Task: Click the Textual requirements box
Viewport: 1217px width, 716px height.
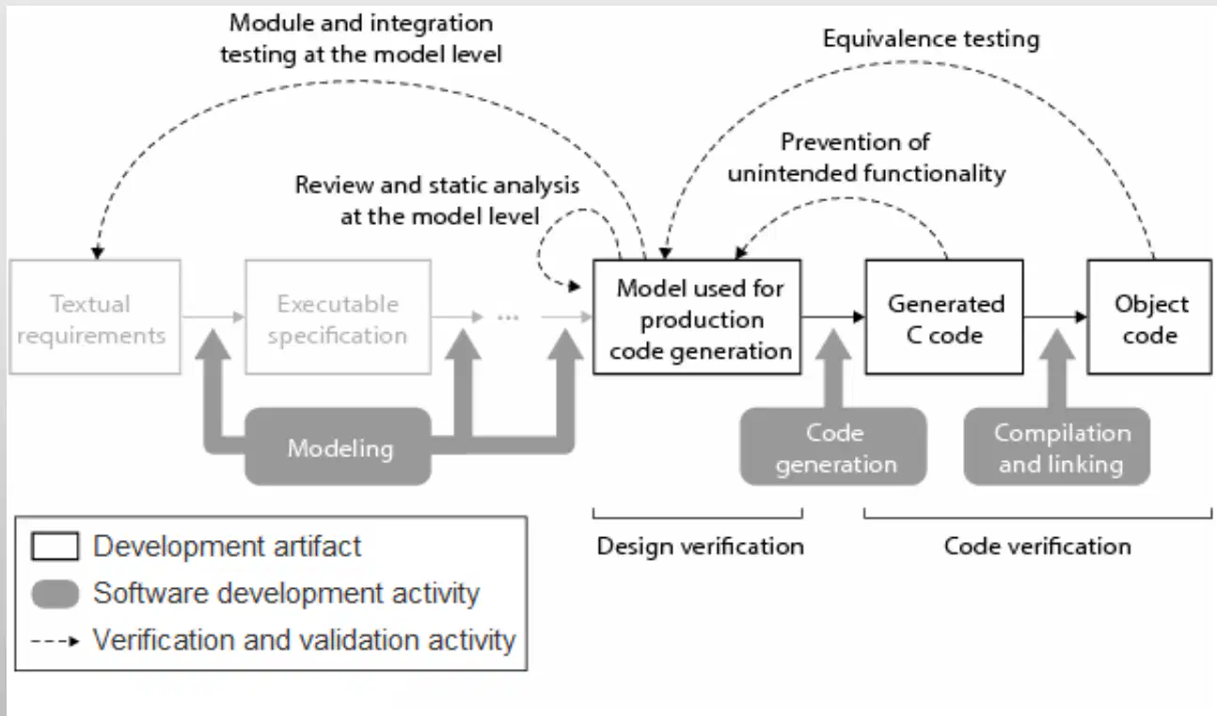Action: (x=95, y=317)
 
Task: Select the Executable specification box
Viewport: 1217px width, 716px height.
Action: (x=338, y=317)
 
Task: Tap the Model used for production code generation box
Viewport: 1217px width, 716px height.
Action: (x=697, y=317)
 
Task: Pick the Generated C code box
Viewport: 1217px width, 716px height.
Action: (x=944, y=317)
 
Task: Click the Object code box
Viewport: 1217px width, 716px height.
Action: (x=1149, y=317)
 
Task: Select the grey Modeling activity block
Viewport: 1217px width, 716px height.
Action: (x=338, y=446)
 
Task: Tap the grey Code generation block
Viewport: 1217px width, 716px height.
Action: (x=833, y=446)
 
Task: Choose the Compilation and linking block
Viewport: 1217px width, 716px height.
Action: (x=1057, y=446)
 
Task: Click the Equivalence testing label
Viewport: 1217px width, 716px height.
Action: (x=931, y=40)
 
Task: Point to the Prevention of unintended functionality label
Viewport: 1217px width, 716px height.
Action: (x=866, y=158)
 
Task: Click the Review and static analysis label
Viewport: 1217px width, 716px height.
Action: (x=437, y=200)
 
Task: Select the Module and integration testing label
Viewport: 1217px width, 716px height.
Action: (x=361, y=39)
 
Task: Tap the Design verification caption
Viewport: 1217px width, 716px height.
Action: (x=701, y=547)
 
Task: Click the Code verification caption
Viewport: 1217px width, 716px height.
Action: (x=1037, y=547)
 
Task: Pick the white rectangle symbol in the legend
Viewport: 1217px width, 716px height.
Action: (x=55, y=546)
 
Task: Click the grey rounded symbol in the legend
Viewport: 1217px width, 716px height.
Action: (x=55, y=594)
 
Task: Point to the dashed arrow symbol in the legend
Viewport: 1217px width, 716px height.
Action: (x=55, y=642)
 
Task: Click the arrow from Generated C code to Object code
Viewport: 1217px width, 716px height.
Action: (x=1055, y=316)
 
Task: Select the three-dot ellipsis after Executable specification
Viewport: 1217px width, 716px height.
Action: (x=508, y=317)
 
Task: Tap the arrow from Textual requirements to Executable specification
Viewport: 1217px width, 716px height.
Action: (x=213, y=316)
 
